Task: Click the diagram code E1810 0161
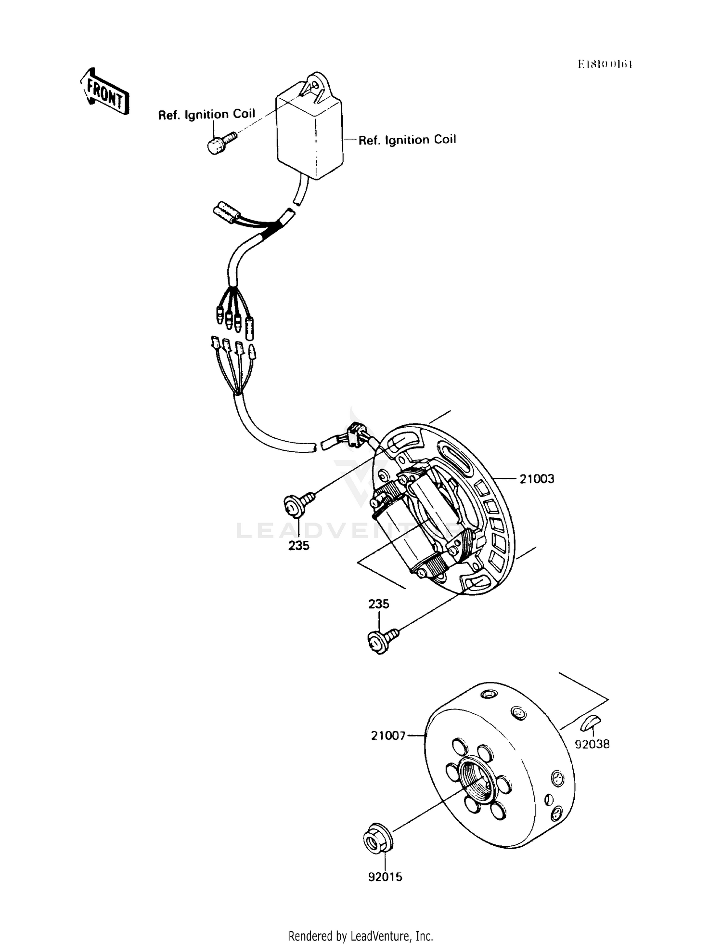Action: click(x=605, y=65)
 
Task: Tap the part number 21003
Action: click(x=537, y=479)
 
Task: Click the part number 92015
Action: click(x=385, y=877)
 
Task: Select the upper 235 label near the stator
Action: click(x=299, y=546)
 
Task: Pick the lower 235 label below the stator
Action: click(x=379, y=604)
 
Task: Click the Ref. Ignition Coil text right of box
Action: click(x=407, y=140)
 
